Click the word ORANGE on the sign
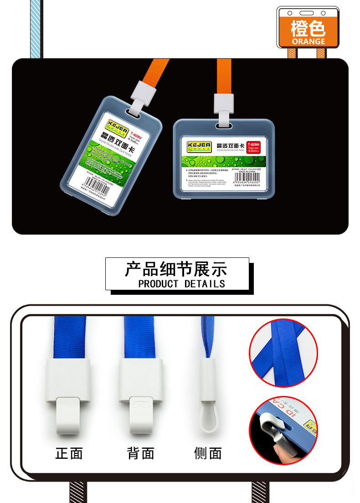pos(309,41)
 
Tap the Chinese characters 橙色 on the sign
pos(309,28)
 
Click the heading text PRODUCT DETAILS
pos(181,284)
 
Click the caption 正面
pos(69,453)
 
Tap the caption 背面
pos(141,453)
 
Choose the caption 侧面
pos(208,453)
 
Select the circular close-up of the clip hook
pos(283,428)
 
